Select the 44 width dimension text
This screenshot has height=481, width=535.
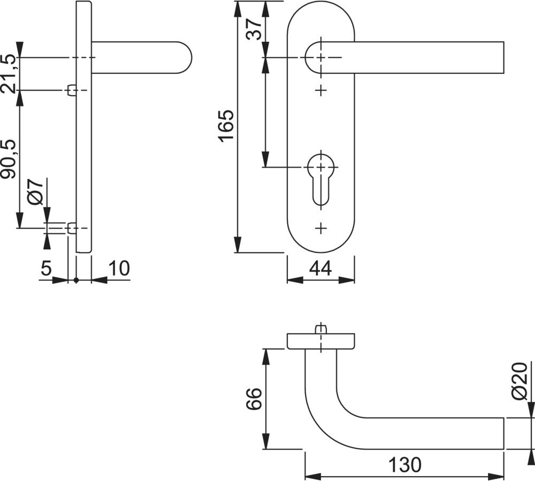point(320,268)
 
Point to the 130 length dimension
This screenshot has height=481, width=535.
point(405,464)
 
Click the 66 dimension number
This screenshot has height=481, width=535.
point(254,398)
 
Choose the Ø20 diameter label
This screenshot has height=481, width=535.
point(520,381)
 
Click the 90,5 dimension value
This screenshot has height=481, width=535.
point(9,159)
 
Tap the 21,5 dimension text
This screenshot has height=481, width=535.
point(9,73)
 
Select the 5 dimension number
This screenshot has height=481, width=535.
point(47,268)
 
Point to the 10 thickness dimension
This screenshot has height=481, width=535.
point(119,268)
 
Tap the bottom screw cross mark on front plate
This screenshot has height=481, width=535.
point(320,228)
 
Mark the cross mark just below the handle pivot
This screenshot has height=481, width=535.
point(320,90)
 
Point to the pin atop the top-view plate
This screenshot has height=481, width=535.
point(320,330)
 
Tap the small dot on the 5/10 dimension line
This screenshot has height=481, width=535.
point(77,280)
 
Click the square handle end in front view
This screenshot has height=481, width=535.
point(503,57)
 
